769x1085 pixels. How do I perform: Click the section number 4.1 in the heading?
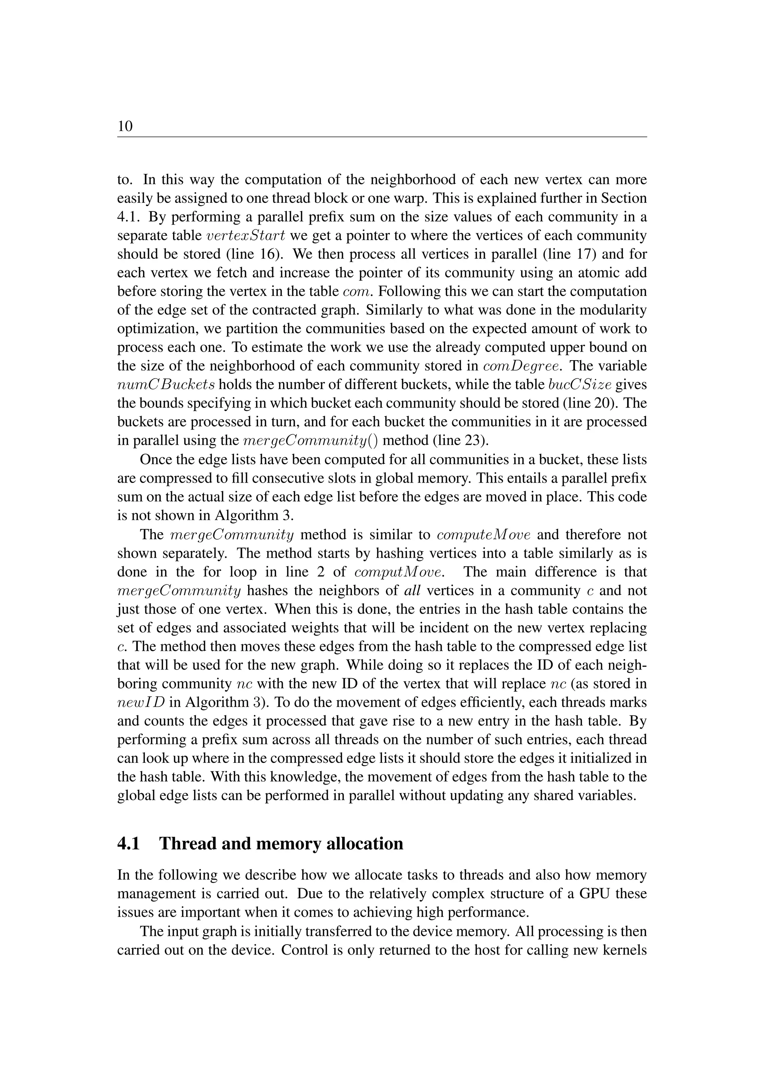[128, 844]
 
